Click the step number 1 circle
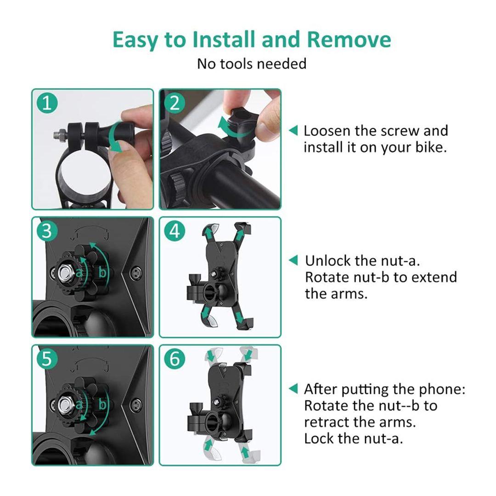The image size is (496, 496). pyautogui.click(x=47, y=103)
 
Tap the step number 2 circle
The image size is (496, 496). pyautogui.click(x=175, y=103)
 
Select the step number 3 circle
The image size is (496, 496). pyautogui.click(x=47, y=231)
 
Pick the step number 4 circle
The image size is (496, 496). pyautogui.click(x=175, y=231)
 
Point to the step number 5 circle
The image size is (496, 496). pyautogui.click(x=47, y=359)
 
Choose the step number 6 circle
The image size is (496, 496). pyautogui.click(x=175, y=359)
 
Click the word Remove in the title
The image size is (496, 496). pyautogui.click(x=349, y=39)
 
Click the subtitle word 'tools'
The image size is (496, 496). pyautogui.click(x=237, y=63)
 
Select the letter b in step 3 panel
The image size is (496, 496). pyautogui.click(x=102, y=272)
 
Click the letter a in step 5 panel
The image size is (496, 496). pyautogui.click(x=79, y=404)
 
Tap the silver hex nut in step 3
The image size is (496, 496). pyautogui.click(x=65, y=272)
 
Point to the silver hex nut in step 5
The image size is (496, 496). pyautogui.click(x=65, y=405)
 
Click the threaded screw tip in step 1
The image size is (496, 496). pyautogui.click(x=57, y=135)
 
